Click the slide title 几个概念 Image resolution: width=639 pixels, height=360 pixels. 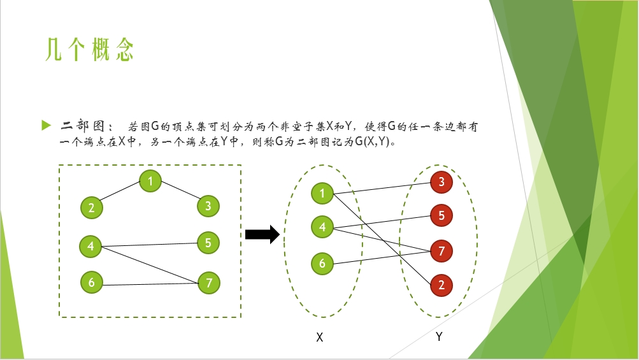click(x=89, y=50)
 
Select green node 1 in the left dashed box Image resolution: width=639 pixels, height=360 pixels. click(x=150, y=181)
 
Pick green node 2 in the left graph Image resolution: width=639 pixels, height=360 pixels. click(x=92, y=207)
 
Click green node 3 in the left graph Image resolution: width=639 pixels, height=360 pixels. click(x=208, y=206)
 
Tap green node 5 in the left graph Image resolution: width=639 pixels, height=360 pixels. click(x=208, y=243)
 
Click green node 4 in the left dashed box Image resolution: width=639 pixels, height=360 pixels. click(x=90, y=246)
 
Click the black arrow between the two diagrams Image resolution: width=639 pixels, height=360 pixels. click(x=262, y=234)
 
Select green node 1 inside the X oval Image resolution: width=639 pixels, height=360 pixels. click(x=322, y=193)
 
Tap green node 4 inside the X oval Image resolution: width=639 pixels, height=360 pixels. click(x=322, y=227)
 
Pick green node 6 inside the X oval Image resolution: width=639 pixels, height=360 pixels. click(x=322, y=263)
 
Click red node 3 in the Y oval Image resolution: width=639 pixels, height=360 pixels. click(x=442, y=183)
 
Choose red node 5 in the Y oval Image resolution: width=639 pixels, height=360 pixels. click(x=442, y=216)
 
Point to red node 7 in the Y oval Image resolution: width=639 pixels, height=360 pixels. click(x=442, y=251)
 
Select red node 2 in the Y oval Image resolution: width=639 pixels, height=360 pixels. click(x=442, y=285)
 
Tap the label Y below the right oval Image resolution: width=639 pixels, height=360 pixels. click(x=439, y=337)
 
